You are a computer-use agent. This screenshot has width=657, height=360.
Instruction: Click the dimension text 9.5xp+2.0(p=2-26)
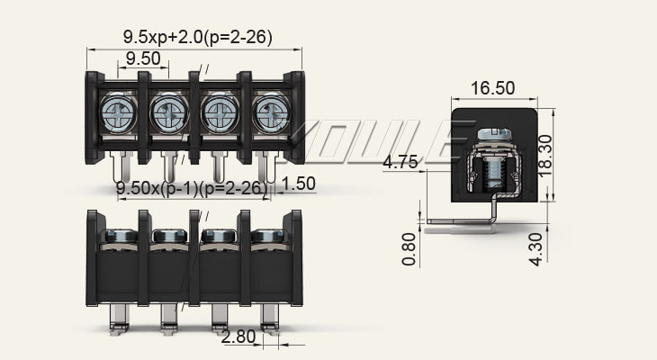coord(198,38)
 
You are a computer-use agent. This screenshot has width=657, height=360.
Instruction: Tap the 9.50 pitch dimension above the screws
coord(143,58)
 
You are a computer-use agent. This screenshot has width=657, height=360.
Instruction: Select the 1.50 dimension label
coord(299,184)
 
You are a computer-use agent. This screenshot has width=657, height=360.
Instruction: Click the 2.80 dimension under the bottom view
coord(238,338)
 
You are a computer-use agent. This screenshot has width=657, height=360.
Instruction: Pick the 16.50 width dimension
coord(492,88)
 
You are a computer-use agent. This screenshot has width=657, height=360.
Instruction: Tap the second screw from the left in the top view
coord(168,112)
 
